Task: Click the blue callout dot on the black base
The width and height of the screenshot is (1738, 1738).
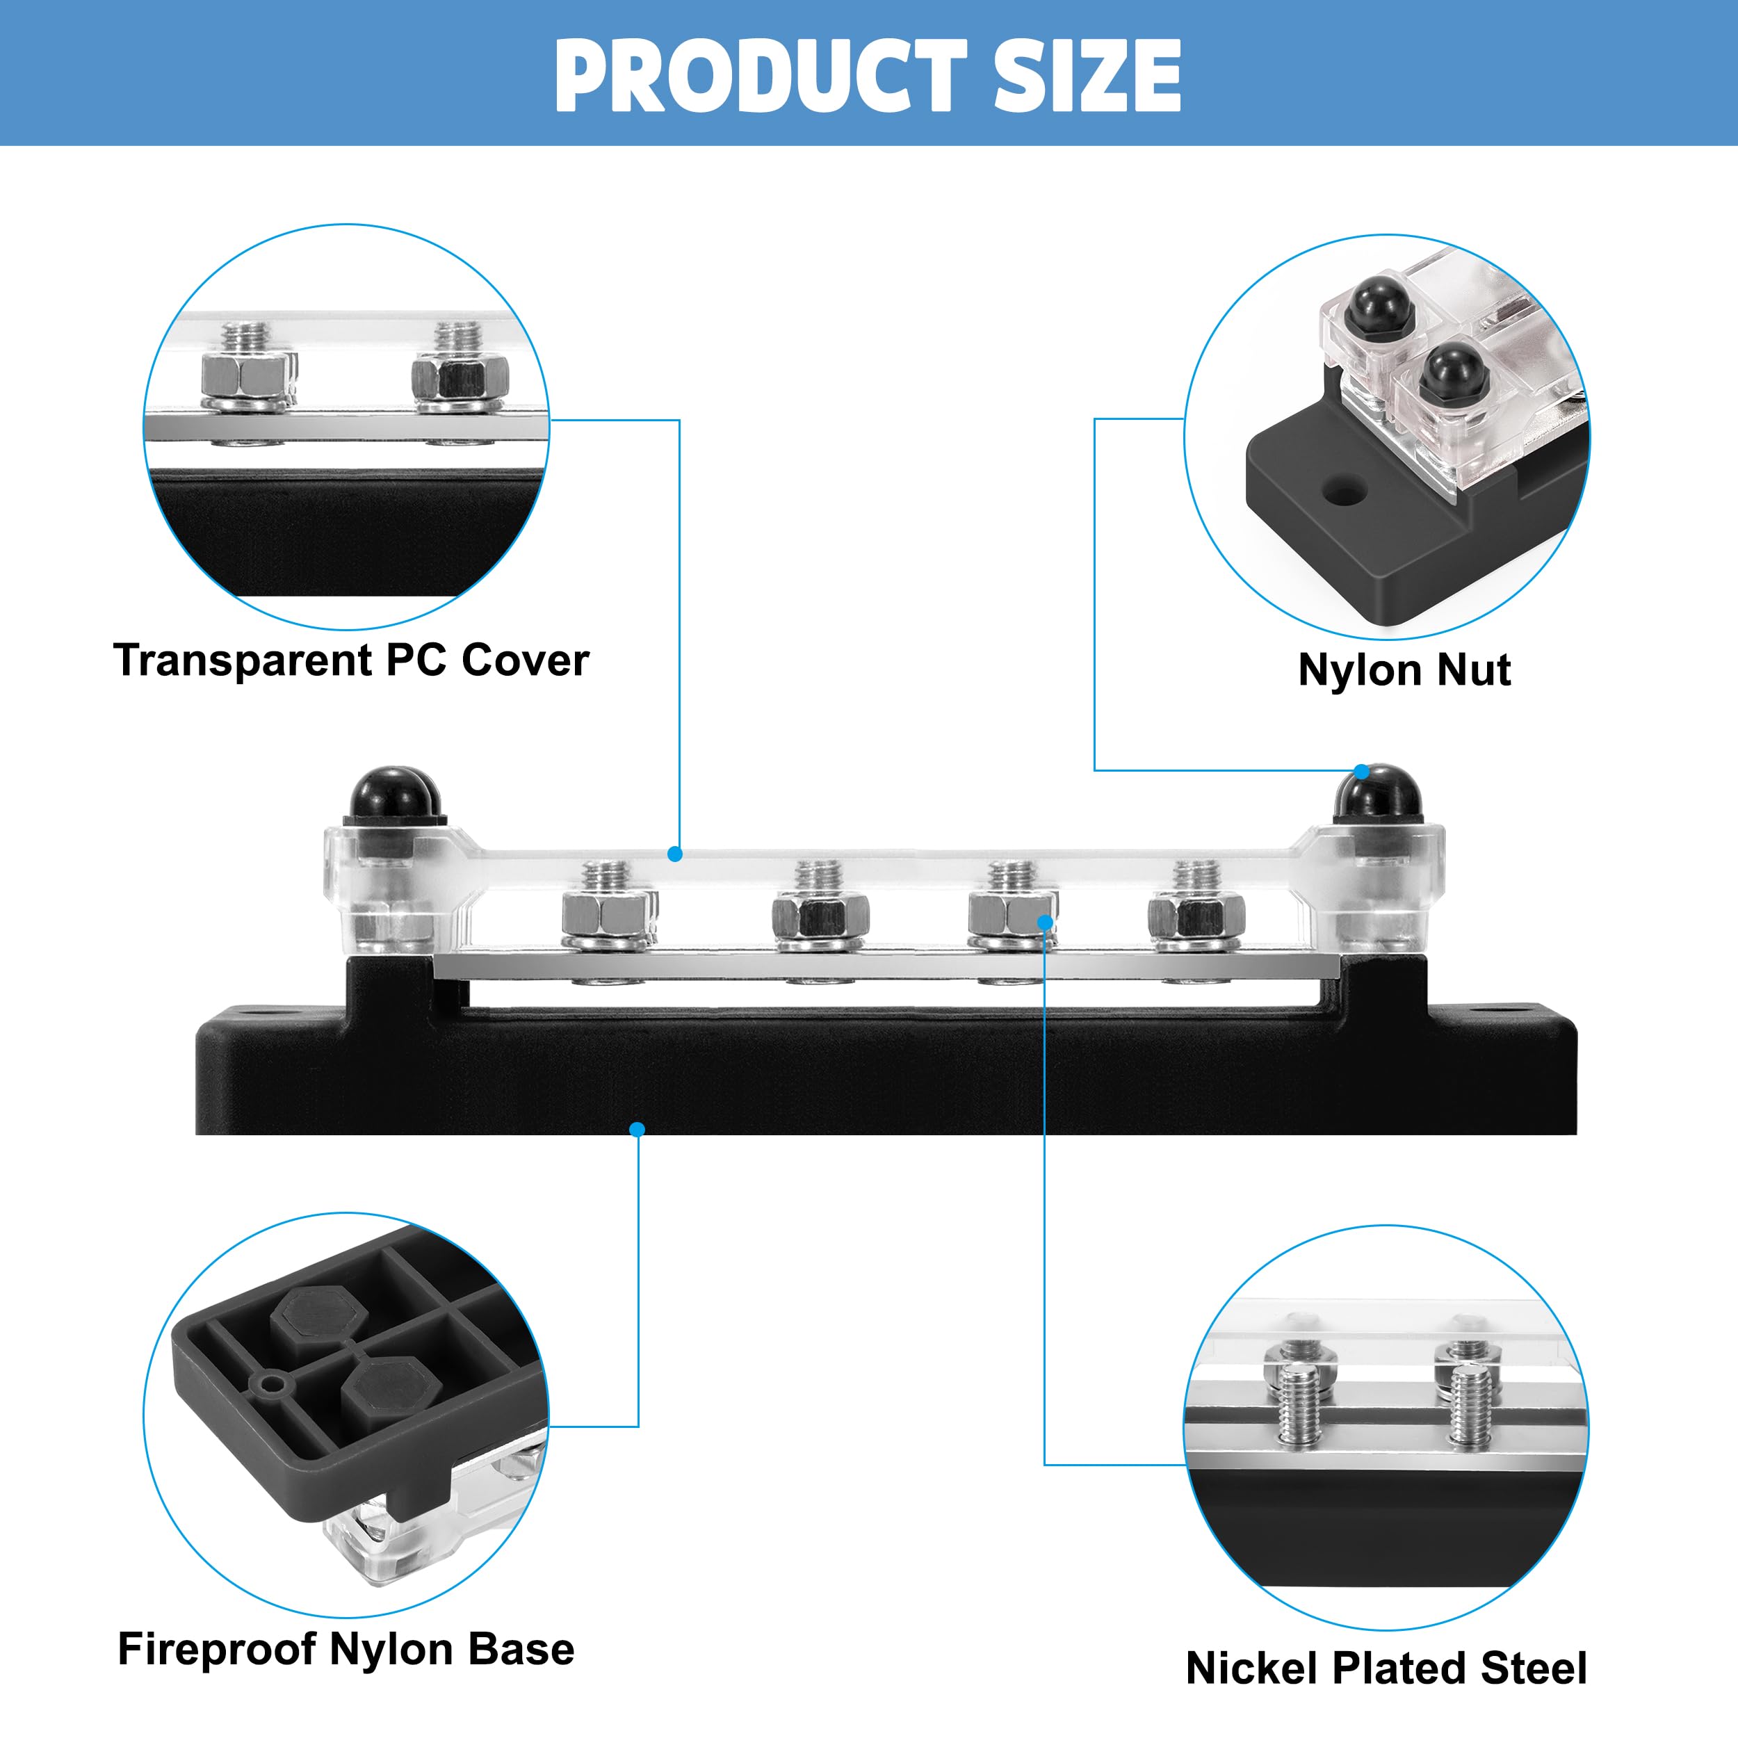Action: click(x=637, y=1129)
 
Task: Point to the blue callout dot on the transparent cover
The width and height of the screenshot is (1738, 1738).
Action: click(x=674, y=854)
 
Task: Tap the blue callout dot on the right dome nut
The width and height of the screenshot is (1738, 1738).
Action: click(x=1362, y=771)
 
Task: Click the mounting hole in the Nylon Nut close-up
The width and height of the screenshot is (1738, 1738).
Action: click(x=1346, y=492)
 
